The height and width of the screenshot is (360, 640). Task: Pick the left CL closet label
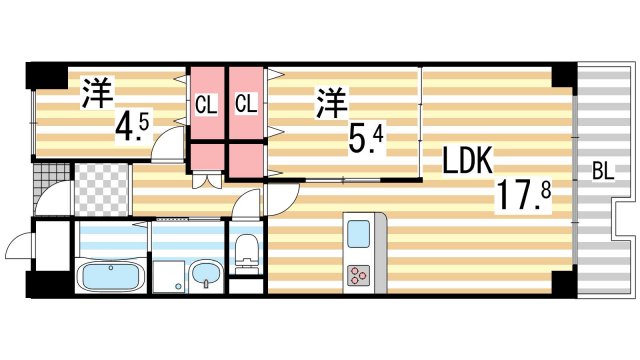click(x=206, y=103)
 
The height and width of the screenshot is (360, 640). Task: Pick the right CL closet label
click(x=245, y=103)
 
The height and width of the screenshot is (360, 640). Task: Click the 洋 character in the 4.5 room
click(x=96, y=92)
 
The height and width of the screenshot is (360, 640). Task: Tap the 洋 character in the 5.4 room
click(x=334, y=102)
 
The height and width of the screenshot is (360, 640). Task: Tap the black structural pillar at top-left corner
click(x=42, y=75)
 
